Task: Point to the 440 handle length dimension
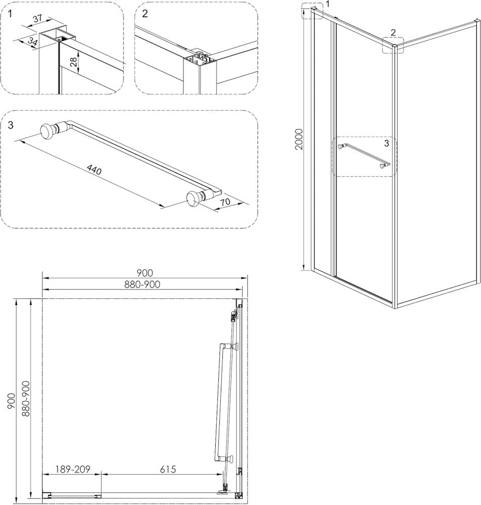(94, 169)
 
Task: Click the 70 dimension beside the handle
(226, 202)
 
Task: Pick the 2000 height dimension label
(299, 139)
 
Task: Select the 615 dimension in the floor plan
(168, 469)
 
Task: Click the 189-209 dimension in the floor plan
(73, 469)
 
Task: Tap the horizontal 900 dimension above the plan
(145, 273)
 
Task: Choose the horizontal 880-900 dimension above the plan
(142, 284)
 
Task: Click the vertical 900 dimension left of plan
(11, 401)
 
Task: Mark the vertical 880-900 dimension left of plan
(26, 399)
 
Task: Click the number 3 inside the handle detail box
(11, 125)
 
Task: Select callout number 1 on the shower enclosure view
(328, 4)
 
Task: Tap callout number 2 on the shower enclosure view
(393, 32)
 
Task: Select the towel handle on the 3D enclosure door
(363, 156)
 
